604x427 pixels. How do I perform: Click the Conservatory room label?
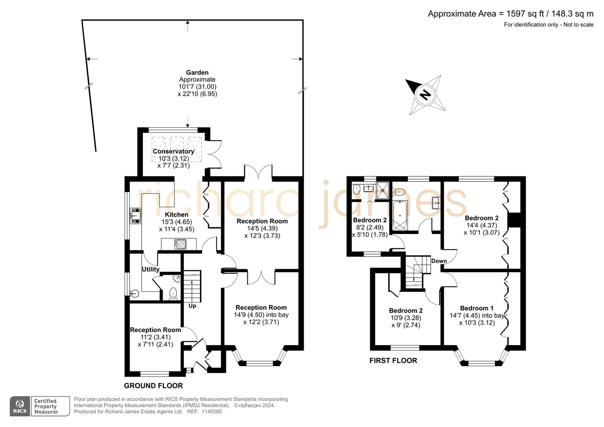[173, 151]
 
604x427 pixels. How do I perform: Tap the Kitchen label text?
[176, 215]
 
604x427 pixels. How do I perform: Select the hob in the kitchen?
[181, 244]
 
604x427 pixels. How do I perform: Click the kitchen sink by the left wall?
[135, 216]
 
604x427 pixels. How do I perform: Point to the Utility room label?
[150, 269]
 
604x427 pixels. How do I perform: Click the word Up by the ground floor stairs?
[192, 306]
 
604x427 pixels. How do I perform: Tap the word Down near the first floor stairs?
[439, 261]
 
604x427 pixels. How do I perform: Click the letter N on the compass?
[425, 94]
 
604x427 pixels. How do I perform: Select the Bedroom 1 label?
[477, 308]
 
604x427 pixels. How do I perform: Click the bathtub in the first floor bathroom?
[400, 215]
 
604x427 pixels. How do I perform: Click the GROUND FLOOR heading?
[153, 385]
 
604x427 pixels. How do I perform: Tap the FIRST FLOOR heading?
[393, 361]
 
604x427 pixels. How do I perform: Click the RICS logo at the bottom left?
[20, 406]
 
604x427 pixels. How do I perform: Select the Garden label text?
[197, 72]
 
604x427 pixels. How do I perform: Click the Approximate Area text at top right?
[510, 14]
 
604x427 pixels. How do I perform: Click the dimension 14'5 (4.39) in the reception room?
[262, 229]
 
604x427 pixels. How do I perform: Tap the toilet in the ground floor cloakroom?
[173, 293]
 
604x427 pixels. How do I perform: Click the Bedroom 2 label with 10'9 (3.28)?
[405, 311]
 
